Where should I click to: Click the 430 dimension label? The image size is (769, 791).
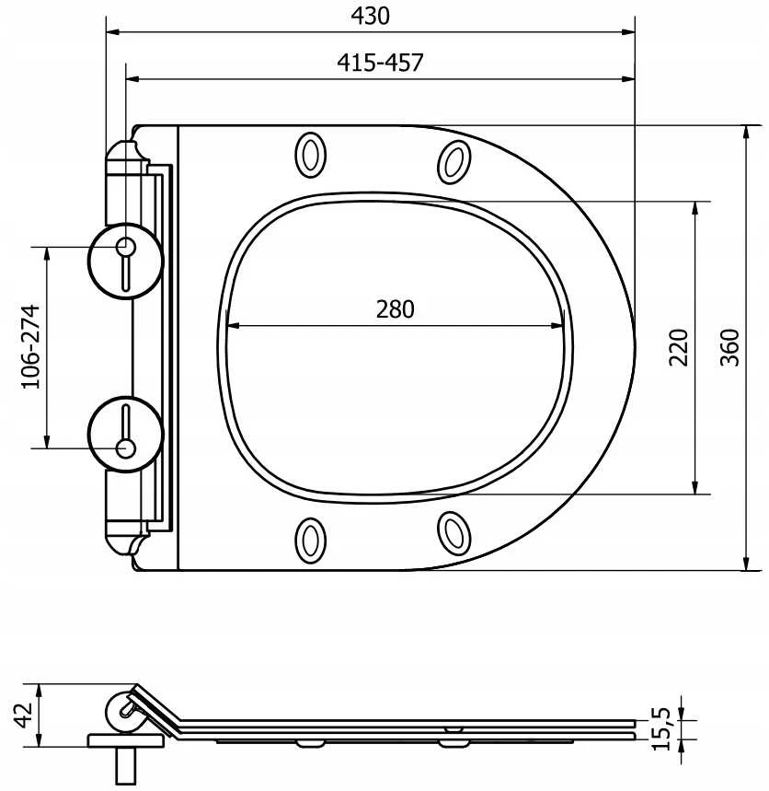(371, 16)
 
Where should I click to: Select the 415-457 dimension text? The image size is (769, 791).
(380, 63)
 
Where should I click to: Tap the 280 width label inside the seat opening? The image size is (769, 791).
(396, 309)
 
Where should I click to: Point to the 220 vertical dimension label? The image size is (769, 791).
(678, 347)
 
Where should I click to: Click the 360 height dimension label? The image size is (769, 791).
(729, 347)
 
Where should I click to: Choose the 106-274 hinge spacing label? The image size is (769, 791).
(30, 346)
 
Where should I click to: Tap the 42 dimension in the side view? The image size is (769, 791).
(23, 715)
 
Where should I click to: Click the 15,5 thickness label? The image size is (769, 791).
(661, 729)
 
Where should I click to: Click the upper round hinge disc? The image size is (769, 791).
(125, 261)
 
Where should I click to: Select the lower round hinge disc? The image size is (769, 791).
(125, 434)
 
